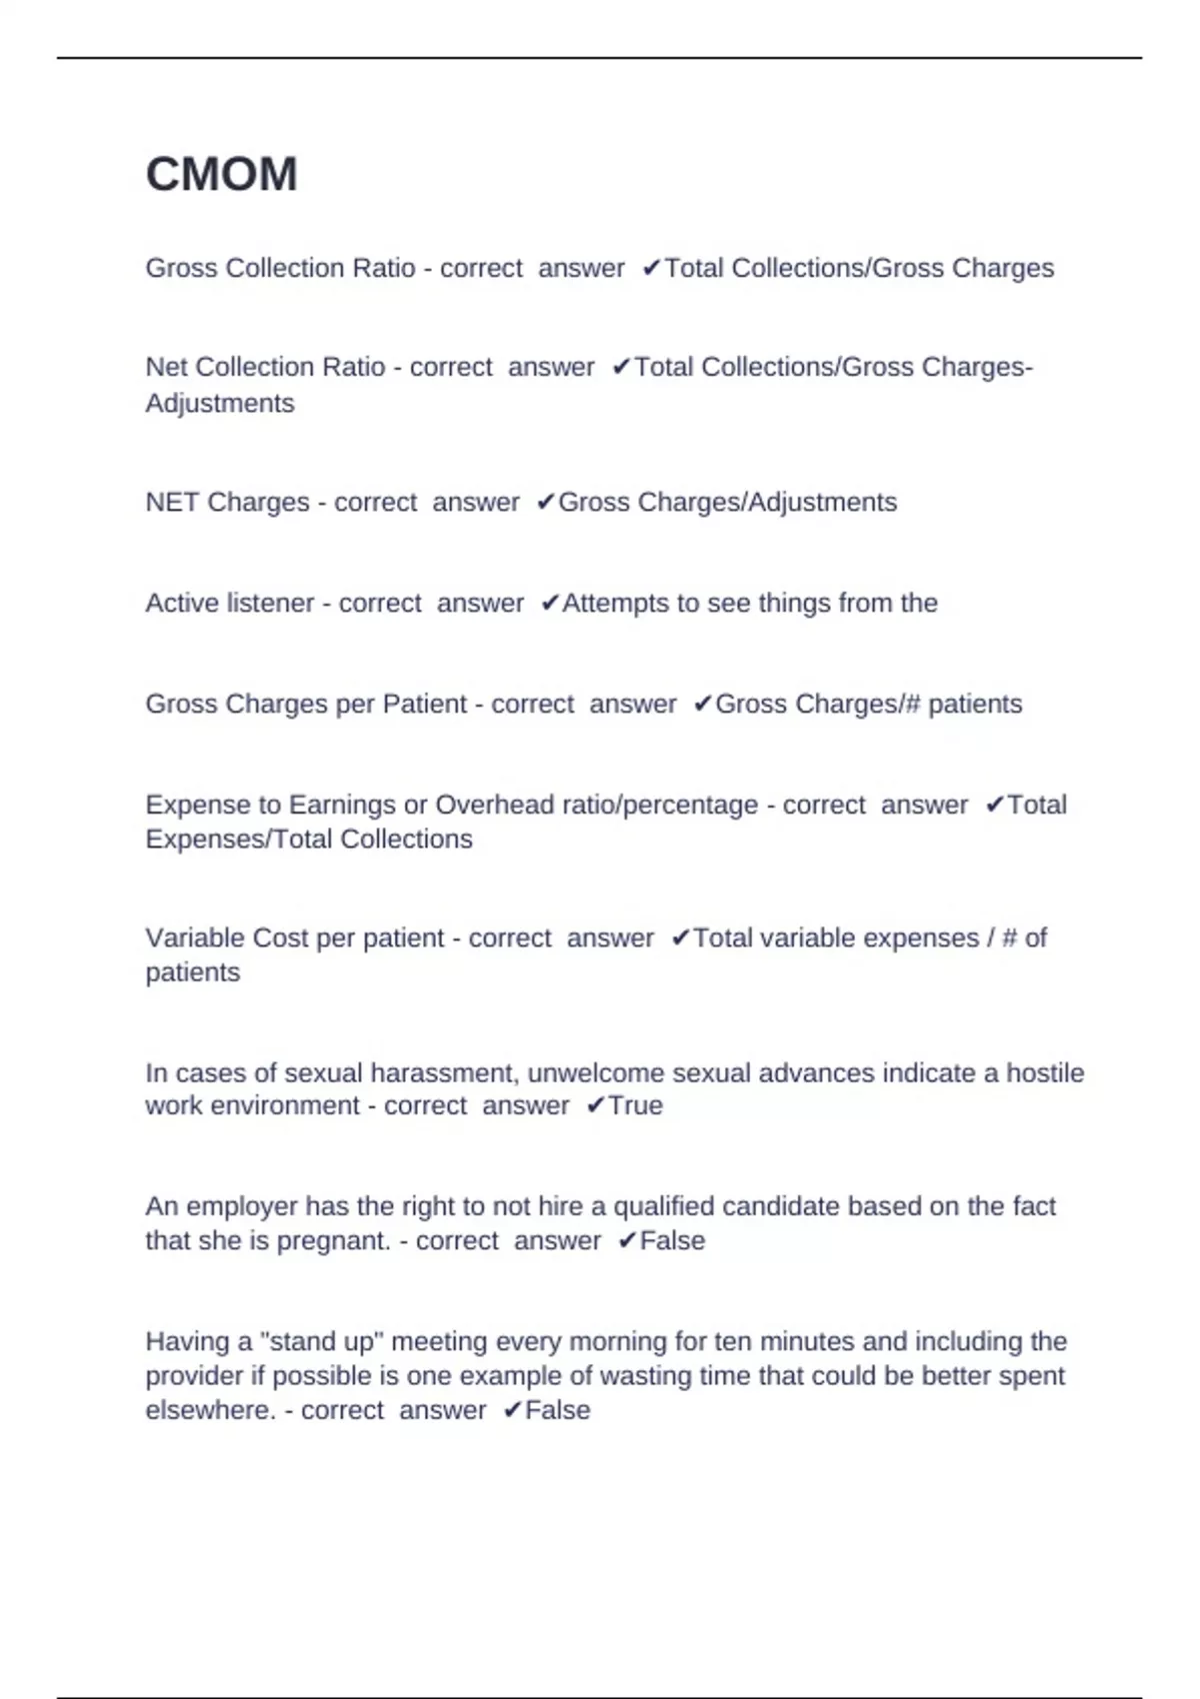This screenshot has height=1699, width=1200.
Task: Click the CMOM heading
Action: coord(221,174)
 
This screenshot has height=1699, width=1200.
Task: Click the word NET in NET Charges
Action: coord(172,502)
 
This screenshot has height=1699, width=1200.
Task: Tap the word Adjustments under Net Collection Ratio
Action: coord(220,404)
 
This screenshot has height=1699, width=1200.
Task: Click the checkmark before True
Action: coord(595,1106)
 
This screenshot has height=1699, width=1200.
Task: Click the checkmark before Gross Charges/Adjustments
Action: coord(545,502)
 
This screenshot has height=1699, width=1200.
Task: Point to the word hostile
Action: coord(1045,1073)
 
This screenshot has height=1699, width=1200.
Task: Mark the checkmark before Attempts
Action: coord(549,604)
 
